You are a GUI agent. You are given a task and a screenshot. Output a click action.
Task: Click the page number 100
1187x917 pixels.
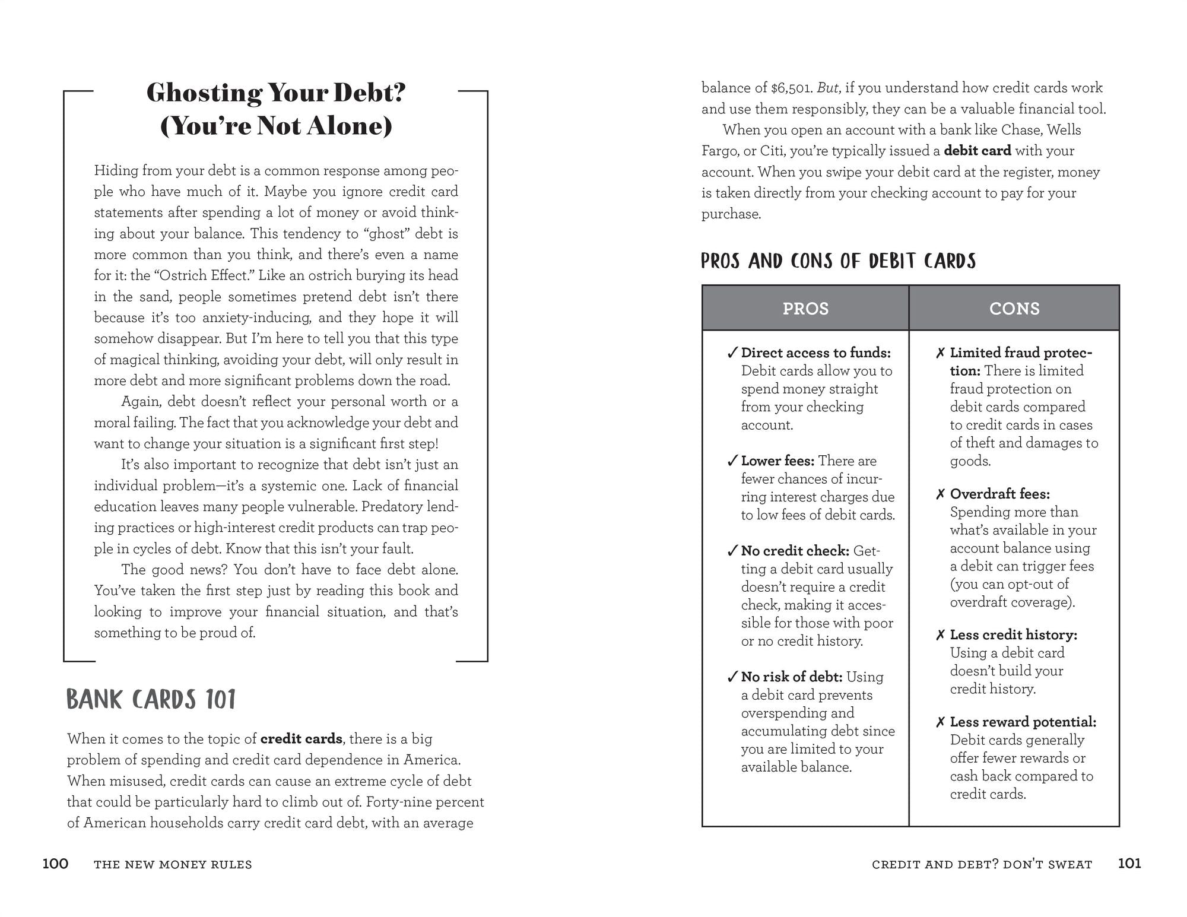[55, 864]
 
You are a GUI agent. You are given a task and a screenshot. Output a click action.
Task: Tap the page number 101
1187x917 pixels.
[1129, 863]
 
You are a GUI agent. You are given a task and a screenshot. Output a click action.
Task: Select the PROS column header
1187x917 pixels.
[805, 309]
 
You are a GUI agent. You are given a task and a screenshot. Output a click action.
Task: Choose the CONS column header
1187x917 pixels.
[1014, 309]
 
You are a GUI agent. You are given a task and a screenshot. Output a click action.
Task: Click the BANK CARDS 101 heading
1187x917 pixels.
[151, 700]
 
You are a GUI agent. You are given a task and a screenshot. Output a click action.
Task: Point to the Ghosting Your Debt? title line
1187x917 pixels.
[275, 93]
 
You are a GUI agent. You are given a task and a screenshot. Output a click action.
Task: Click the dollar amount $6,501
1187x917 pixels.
[791, 88]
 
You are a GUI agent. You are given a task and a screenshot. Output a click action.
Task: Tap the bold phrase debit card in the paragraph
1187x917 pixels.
[977, 151]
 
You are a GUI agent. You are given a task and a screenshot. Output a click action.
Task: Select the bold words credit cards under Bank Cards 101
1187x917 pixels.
[301, 739]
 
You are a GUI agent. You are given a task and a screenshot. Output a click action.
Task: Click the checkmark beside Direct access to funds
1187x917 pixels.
[732, 353]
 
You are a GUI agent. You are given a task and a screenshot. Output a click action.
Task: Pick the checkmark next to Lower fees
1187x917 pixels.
[732, 461]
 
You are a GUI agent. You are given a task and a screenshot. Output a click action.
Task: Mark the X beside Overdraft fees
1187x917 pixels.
[940, 494]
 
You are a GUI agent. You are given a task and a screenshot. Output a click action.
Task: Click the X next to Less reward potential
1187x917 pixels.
[940, 722]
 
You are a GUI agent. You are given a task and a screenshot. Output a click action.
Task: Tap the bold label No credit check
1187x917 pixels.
[795, 551]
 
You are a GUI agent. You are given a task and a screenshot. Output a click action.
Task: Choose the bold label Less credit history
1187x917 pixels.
[1014, 635]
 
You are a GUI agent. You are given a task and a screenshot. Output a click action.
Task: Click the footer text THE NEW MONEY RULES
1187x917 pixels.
[173, 865]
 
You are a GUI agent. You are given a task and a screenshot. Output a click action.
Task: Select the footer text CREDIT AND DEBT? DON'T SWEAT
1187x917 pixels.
[982, 865]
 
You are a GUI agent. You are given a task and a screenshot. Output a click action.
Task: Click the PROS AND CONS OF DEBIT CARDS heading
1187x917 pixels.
[838, 261]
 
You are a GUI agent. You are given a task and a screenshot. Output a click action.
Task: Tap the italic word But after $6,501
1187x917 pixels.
[828, 88]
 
